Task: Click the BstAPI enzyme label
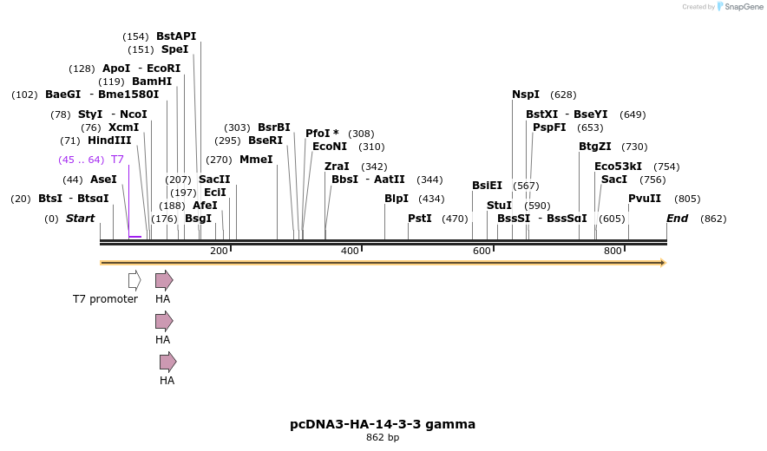(x=176, y=36)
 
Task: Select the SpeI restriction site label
(x=174, y=49)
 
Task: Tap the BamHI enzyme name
(x=152, y=82)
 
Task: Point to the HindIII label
(x=109, y=141)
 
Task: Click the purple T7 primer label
(x=117, y=160)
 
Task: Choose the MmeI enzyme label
(x=256, y=160)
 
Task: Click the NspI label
(x=526, y=95)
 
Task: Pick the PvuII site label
(x=645, y=199)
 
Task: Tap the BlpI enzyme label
(x=397, y=199)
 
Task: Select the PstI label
(x=420, y=219)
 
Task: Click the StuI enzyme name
(x=499, y=206)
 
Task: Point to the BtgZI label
(x=595, y=147)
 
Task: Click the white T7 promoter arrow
(x=134, y=280)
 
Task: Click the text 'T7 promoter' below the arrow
(x=105, y=299)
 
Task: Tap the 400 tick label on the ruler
(x=350, y=251)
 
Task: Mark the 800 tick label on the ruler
(x=613, y=251)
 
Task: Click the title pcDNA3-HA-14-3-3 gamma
(x=383, y=424)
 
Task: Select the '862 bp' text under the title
(x=383, y=438)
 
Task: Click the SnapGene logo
(x=738, y=7)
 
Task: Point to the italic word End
(x=677, y=219)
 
